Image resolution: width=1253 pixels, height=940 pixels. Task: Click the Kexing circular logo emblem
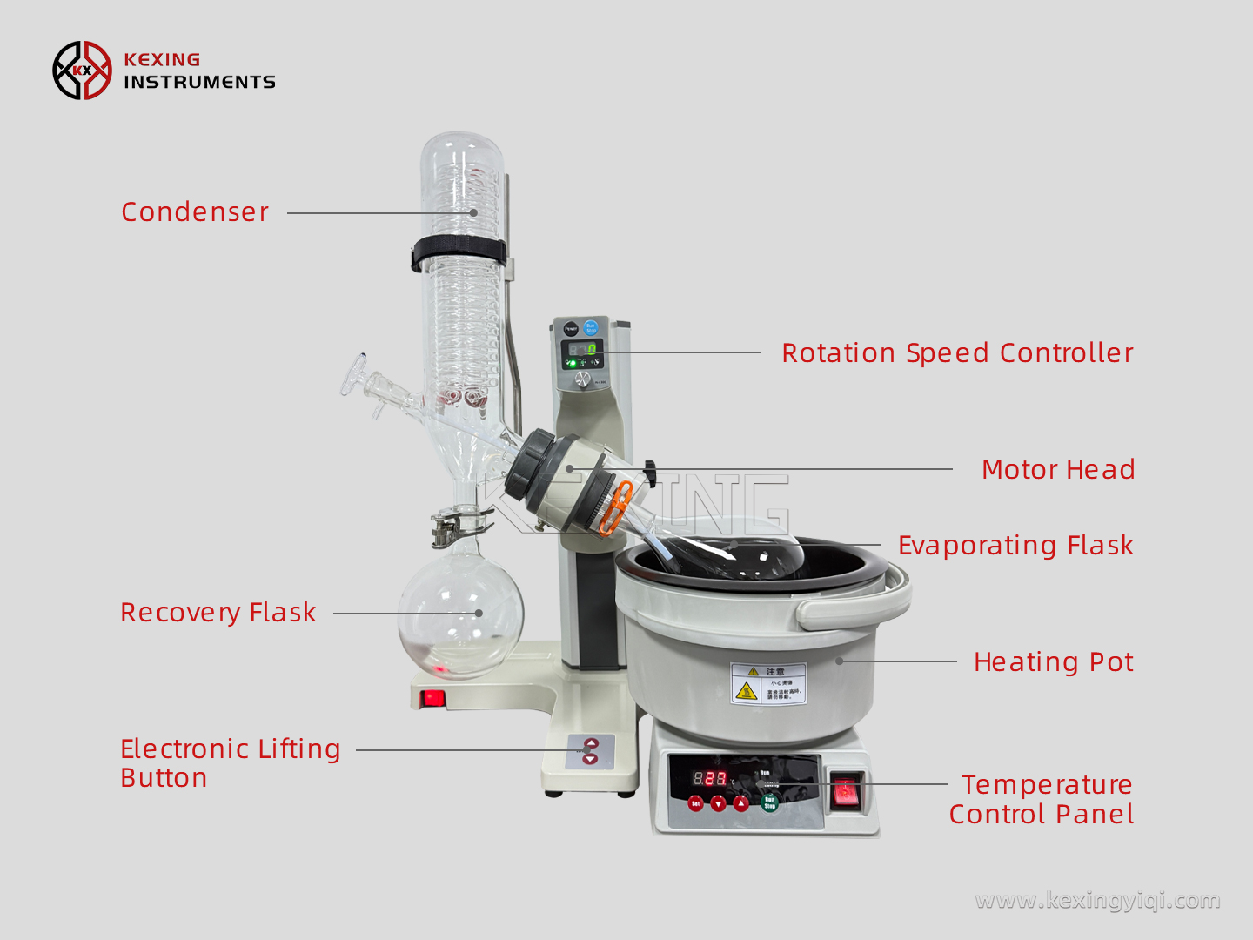point(82,70)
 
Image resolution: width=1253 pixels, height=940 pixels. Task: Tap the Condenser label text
point(195,212)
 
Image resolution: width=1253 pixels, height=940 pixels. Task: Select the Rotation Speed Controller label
point(957,353)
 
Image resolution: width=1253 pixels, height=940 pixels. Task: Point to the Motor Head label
point(1057,470)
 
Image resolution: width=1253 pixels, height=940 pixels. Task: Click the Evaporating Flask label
point(1015,546)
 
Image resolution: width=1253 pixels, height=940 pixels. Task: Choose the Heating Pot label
point(1053,662)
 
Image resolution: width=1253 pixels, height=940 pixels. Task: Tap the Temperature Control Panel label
point(1042,799)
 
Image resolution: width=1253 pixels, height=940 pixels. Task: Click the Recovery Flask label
point(218,613)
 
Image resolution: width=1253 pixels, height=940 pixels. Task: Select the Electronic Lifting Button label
point(230,762)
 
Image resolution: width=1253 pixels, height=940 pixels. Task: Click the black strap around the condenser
point(459,252)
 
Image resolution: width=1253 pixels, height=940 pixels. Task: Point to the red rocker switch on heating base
point(845,793)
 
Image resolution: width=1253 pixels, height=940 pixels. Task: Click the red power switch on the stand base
point(432,698)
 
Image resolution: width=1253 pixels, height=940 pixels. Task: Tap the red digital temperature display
point(709,778)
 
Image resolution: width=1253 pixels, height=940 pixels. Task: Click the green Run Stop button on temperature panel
point(769,802)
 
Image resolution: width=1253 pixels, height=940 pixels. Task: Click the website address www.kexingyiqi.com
point(1097,900)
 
